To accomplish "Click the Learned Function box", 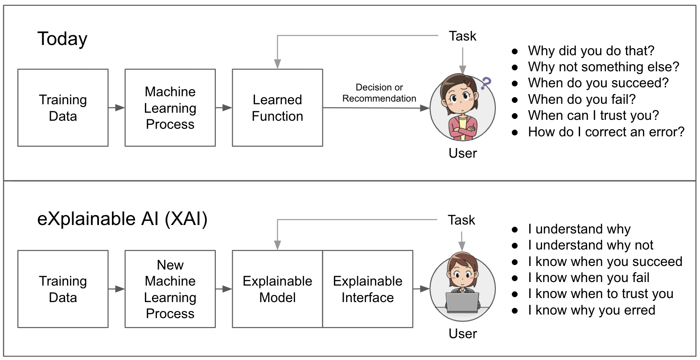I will (277, 108).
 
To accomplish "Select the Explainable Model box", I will (277, 289).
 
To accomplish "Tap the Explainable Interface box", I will (367, 289).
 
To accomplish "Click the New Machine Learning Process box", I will (170, 289).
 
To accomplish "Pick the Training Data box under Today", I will (63, 108).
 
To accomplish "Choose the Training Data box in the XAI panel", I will (63, 289).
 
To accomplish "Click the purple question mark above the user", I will (486, 83).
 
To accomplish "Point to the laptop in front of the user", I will (462, 303).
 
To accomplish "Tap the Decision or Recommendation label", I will (379, 93).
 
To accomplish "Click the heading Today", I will (62, 39).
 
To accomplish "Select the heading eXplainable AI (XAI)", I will (122, 219).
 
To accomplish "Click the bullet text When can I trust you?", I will (593, 115).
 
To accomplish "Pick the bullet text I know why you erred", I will (591, 310).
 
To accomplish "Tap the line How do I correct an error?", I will (605, 132).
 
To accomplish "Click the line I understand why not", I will (590, 245).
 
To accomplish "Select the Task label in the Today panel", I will (462, 36).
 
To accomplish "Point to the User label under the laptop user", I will (462, 334).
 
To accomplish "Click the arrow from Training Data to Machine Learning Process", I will (116, 107).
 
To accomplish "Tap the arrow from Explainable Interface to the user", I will (421, 289).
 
